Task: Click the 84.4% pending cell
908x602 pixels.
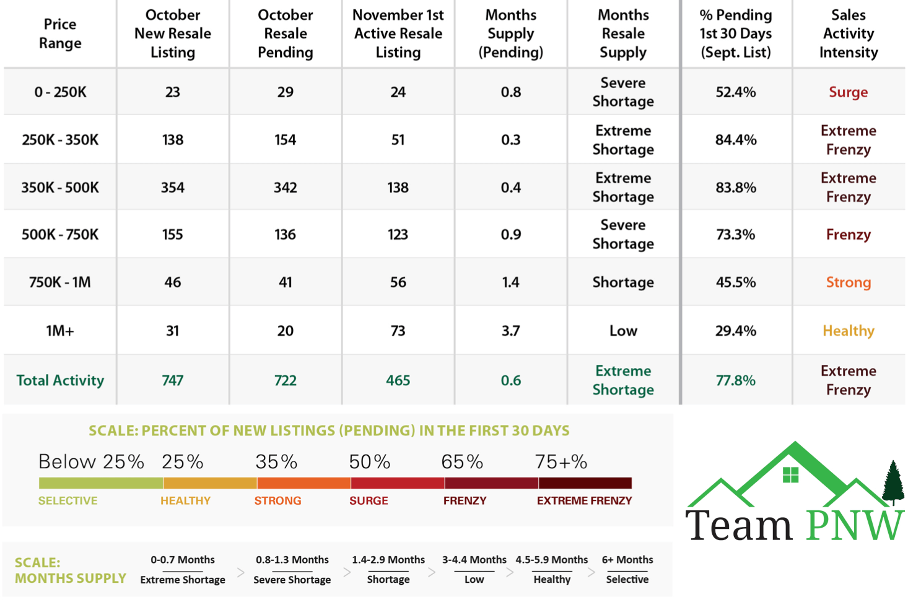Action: click(x=736, y=140)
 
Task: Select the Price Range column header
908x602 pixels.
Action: click(x=60, y=33)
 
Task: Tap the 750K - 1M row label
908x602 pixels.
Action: click(x=60, y=282)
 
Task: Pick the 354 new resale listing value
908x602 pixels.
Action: click(x=173, y=188)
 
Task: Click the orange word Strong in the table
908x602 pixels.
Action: click(x=849, y=282)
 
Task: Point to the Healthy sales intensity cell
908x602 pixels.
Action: click(x=849, y=331)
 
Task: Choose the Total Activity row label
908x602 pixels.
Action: click(x=60, y=380)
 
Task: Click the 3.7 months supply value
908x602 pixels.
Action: click(x=511, y=331)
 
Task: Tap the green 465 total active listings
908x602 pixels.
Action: click(x=398, y=380)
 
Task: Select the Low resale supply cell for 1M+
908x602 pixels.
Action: click(x=623, y=331)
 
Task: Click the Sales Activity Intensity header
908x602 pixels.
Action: click(x=849, y=33)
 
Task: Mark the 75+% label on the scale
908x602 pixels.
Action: click(x=561, y=462)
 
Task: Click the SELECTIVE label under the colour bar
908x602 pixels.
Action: click(x=68, y=500)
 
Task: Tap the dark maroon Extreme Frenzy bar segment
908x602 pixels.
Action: click(x=585, y=483)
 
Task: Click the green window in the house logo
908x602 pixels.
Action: click(x=791, y=475)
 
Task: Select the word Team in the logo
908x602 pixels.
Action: click(x=739, y=525)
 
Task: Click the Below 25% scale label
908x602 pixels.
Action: click(x=91, y=462)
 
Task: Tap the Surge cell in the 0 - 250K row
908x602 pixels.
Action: click(x=849, y=92)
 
